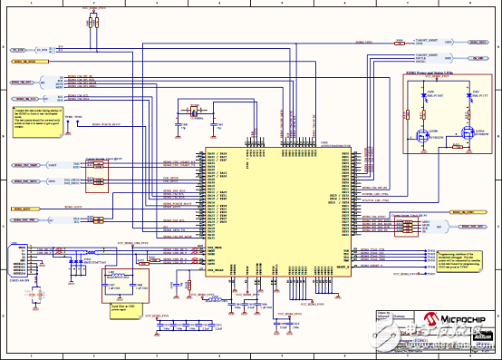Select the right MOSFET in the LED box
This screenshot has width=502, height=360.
[x=468, y=137]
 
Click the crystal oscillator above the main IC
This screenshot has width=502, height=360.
[x=191, y=112]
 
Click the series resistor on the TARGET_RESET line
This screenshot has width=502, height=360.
[x=400, y=42]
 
